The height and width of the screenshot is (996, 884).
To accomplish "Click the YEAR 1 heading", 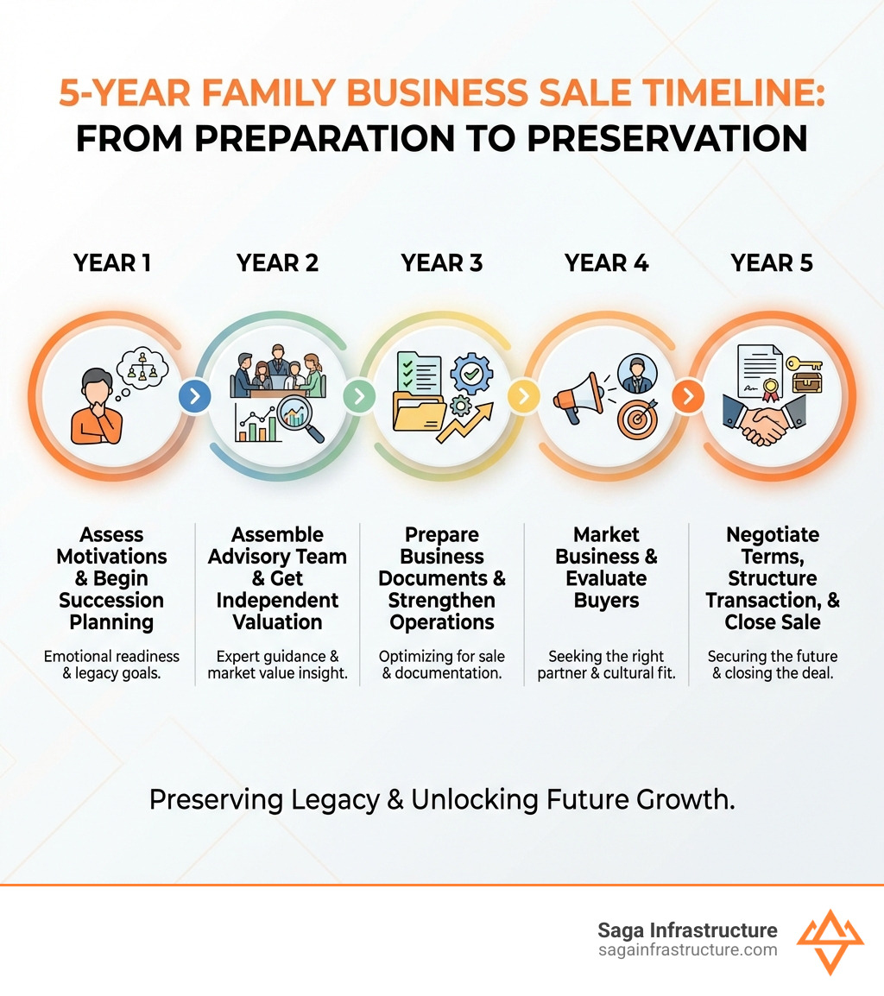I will [x=112, y=262].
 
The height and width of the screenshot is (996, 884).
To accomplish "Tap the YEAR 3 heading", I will [x=442, y=262].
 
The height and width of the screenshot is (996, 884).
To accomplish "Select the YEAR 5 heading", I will [x=772, y=262].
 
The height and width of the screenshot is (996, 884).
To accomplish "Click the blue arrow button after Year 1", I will [x=194, y=396].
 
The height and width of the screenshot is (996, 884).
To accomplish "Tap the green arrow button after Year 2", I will [x=359, y=396].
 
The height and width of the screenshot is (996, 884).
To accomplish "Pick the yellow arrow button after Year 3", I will [x=523, y=396].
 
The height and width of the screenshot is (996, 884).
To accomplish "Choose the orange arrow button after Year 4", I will [x=688, y=396].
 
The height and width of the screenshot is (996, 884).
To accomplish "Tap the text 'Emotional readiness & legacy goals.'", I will [x=111, y=665].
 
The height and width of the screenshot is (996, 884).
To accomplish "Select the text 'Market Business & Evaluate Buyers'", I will [x=606, y=567].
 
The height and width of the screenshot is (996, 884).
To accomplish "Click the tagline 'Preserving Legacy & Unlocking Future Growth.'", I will [x=442, y=799].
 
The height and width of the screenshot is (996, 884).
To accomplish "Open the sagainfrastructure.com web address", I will [x=687, y=950].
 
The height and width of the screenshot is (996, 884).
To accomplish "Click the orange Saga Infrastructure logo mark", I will [x=829, y=940].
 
